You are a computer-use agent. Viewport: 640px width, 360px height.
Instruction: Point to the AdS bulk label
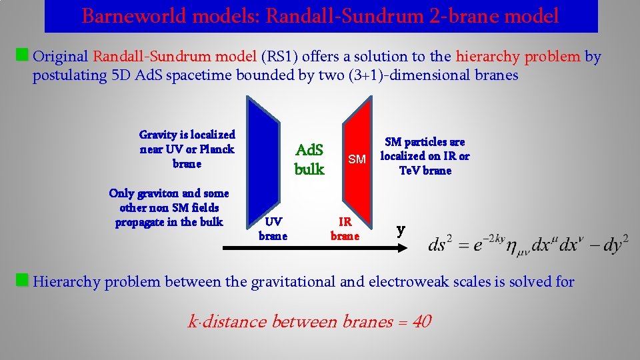(309, 159)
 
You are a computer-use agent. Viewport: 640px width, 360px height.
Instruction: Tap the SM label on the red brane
(357, 159)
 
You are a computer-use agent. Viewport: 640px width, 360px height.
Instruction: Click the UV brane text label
(273, 229)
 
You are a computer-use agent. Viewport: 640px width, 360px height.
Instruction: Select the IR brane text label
(345, 229)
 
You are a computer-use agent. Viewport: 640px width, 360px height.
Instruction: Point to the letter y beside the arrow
(401, 229)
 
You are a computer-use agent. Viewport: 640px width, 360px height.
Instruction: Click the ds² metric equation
(529, 244)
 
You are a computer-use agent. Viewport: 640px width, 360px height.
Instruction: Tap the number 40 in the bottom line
(421, 322)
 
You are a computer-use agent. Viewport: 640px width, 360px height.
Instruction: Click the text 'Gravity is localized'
(187, 135)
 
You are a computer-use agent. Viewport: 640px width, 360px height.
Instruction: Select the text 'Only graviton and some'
(169, 193)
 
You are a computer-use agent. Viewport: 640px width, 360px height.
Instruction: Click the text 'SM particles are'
(425, 141)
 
